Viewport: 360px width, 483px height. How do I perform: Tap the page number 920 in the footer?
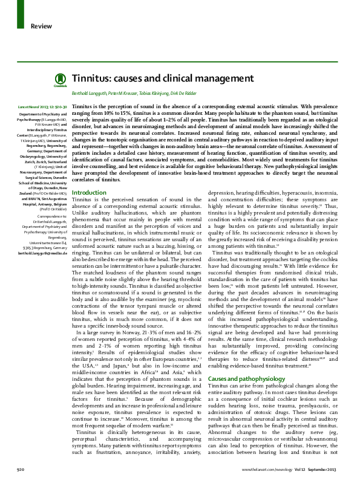pos(20,468)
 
